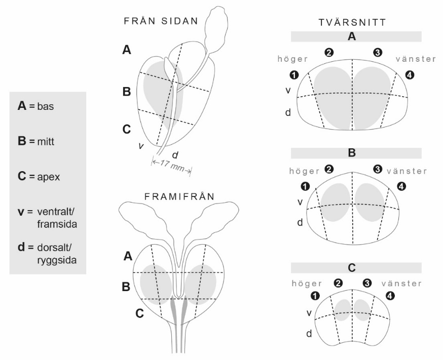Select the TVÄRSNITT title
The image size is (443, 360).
pyautogui.click(x=356, y=23)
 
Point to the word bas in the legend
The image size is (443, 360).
pyautogui.click(x=46, y=108)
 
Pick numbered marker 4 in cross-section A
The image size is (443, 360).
pyautogui.click(x=410, y=75)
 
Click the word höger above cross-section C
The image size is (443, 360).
pyautogui.click(x=306, y=283)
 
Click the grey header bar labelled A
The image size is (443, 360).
pyautogui.click(x=356, y=36)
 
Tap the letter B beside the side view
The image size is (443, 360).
pyautogui.click(x=127, y=92)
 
